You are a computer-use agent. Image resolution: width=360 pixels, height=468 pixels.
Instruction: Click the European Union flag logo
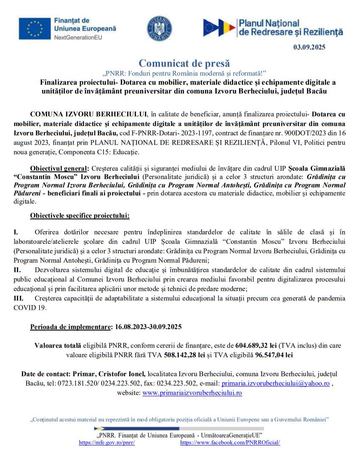pyautogui.click(x=35, y=29)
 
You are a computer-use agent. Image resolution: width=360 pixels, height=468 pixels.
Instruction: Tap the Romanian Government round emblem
pyautogui.click(x=159, y=29)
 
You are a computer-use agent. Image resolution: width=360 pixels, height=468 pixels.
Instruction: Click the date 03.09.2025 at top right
pyautogui.click(x=310, y=47)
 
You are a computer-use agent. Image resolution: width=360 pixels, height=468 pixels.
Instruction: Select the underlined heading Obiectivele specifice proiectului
pyautogui.click(x=80, y=216)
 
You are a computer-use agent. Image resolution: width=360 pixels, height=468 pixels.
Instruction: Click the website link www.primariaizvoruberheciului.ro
pyautogui.click(x=192, y=392)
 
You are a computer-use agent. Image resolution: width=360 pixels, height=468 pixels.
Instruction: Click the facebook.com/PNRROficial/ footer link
pyautogui.click(x=230, y=443)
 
